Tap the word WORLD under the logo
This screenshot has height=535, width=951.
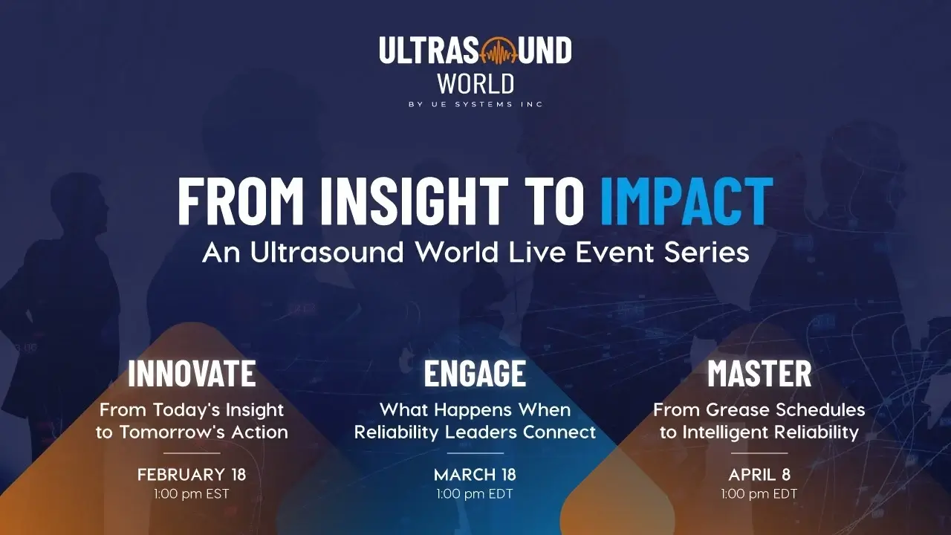475,84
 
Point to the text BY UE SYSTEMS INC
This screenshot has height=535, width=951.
475,105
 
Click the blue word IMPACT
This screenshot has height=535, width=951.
687,201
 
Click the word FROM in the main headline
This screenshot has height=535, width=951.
241,201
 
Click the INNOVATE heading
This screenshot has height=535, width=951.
192,373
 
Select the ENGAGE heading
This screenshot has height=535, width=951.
475,373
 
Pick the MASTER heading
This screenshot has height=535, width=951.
759,373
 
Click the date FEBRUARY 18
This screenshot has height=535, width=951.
192,474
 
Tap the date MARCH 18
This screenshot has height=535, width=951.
475,474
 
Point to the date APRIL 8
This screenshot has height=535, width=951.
759,474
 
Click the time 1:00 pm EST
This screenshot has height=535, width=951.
192,494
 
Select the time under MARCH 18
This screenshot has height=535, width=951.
475,494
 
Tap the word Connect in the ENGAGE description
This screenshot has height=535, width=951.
559,432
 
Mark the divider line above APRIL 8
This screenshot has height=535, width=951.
759,453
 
